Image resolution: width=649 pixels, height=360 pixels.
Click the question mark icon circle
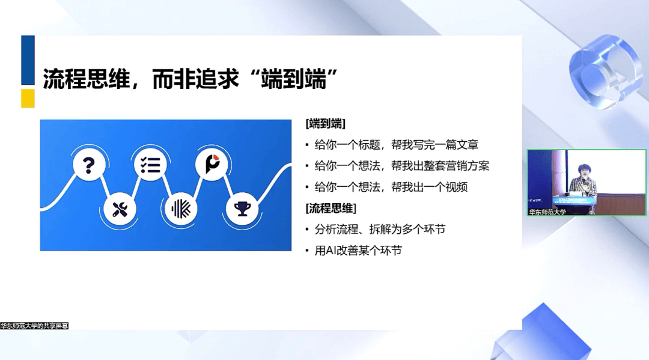coord(89,165)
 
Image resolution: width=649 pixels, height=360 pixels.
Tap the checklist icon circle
coord(150,165)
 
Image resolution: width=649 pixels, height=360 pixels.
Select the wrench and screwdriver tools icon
coord(120,209)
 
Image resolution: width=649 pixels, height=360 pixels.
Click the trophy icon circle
coord(242,209)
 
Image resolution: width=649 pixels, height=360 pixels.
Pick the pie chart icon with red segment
coord(212,164)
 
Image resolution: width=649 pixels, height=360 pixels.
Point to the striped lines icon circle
coord(181,209)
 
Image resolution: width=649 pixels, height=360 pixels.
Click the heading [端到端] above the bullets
coord(325,124)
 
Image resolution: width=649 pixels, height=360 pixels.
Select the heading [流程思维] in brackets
coord(331,208)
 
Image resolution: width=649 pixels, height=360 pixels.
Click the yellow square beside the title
coord(28,99)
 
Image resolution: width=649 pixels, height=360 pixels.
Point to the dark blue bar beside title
coord(28,60)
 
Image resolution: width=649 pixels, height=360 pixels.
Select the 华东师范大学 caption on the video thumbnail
coord(547,212)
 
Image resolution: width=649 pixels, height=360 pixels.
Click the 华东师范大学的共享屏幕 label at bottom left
coord(34,326)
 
